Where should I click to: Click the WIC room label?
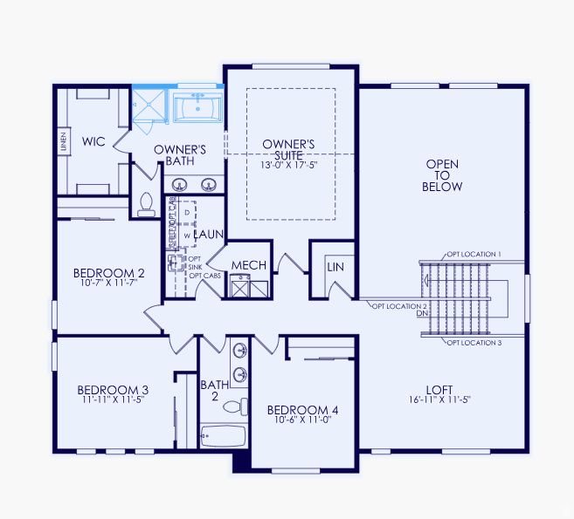94,140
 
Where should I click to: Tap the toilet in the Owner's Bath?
146,204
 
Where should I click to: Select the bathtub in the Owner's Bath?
198,109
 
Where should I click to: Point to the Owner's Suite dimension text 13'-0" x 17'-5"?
288,165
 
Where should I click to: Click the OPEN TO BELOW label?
442,175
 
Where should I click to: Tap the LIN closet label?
335,267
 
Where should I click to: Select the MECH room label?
249,265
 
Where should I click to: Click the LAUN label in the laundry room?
210,235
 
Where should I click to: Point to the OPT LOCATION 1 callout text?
474,253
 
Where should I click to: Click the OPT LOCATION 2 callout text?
399,306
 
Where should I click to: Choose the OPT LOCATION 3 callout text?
474,343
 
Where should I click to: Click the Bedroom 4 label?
302,410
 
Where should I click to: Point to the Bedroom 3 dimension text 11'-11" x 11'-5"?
112,399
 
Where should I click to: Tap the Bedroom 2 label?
109,273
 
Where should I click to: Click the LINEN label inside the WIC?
64,141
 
